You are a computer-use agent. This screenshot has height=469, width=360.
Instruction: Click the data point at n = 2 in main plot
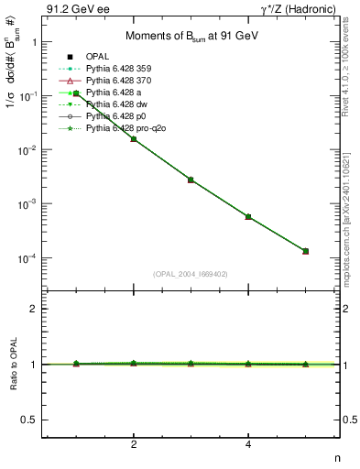[134, 138]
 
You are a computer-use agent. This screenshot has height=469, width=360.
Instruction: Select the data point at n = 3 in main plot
[191, 180]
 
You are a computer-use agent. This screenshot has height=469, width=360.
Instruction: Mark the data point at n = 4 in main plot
[248, 216]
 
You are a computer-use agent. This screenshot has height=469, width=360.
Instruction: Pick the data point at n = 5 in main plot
[305, 251]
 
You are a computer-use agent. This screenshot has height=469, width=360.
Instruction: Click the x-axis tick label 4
[248, 444]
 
